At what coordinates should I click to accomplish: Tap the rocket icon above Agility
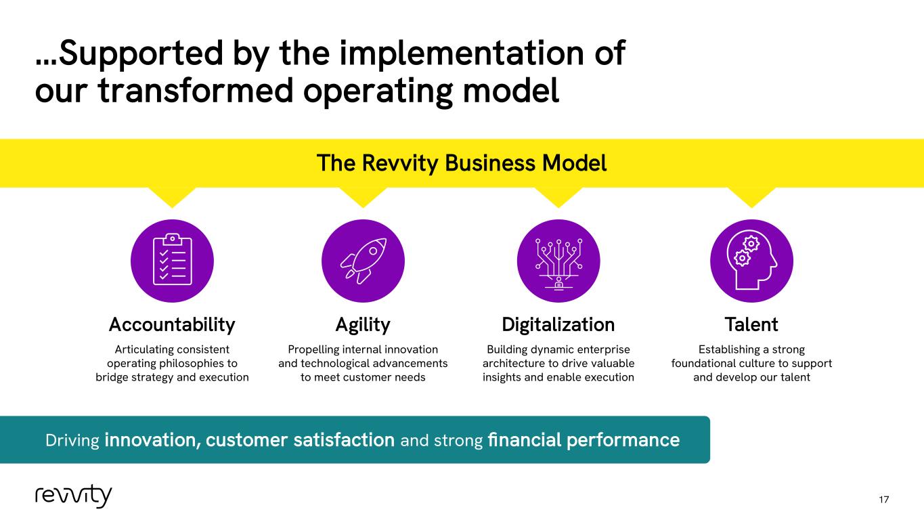(363, 261)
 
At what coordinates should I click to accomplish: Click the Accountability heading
(172, 325)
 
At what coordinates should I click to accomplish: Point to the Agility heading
(363, 325)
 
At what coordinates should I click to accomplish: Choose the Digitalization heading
(558, 325)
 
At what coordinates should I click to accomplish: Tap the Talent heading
(751, 324)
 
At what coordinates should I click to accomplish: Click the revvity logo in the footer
(73, 496)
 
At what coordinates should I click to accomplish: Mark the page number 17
(883, 500)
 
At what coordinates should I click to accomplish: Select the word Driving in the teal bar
(72, 440)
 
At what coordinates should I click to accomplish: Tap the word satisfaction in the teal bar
(344, 440)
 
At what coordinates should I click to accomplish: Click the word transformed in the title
(196, 90)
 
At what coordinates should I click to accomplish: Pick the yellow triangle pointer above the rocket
(363, 197)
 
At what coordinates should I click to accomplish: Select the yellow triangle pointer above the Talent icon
(751, 197)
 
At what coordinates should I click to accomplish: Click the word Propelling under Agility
(313, 350)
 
